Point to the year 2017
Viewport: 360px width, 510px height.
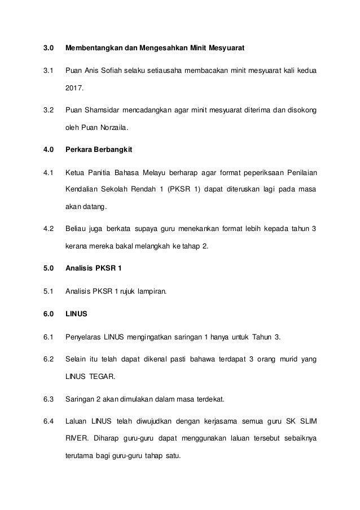(74, 88)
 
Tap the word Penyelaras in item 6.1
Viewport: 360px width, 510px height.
(84, 338)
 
